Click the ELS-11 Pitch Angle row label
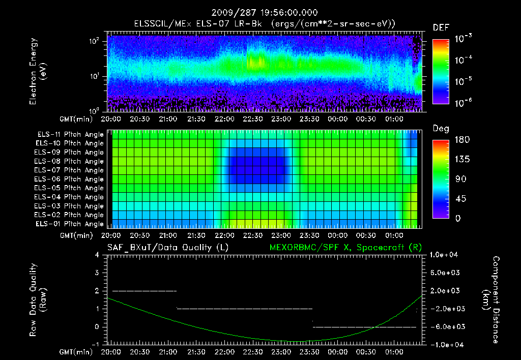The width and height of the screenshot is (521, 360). click(69, 134)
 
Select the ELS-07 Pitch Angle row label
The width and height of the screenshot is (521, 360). click(69, 170)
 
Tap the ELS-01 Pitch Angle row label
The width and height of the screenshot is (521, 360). click(69, 224)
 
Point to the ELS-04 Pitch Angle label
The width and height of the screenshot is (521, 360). click(69, 197)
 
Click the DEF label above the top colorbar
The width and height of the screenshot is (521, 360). click(441, 28)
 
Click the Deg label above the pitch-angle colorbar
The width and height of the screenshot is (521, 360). click(441, 129)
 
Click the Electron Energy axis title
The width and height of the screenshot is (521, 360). click(38, 73)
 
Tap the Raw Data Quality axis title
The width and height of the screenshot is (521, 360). click(38, 300)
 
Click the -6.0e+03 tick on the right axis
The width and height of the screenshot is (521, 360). click(446, 326)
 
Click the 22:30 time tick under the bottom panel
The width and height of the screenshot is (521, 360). click(252, 352)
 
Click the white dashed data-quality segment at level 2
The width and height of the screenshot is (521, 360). click(144, 291)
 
